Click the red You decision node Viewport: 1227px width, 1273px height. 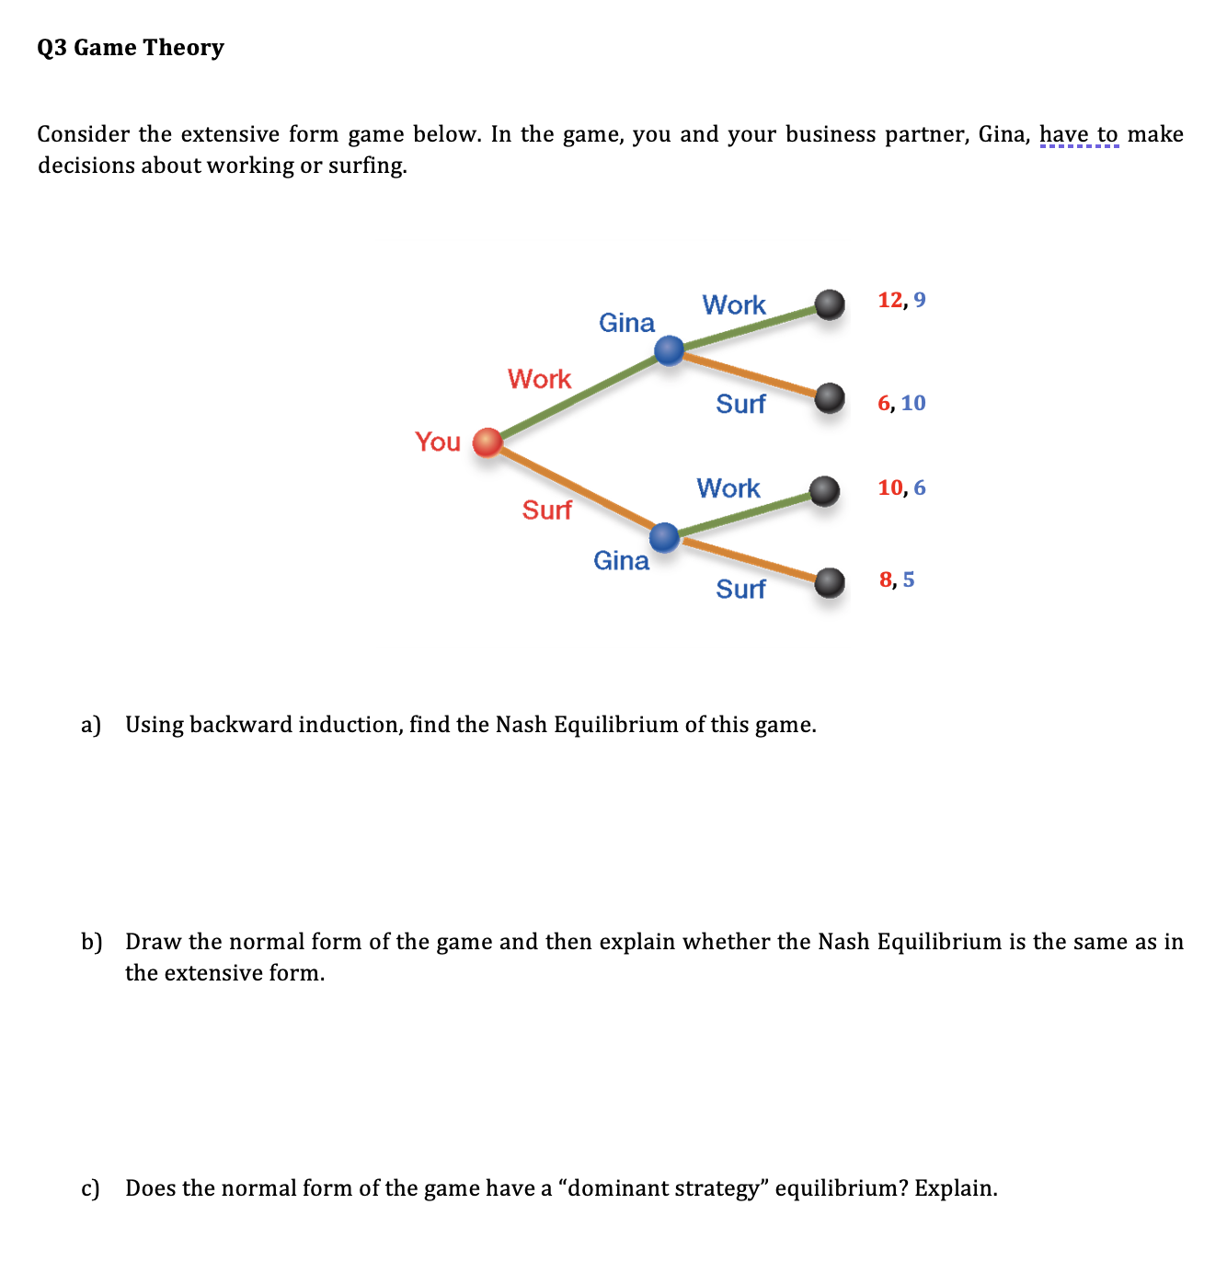487,442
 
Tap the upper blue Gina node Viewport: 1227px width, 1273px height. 669,350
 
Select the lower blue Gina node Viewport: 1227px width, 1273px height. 664,536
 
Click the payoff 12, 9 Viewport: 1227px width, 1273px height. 901,300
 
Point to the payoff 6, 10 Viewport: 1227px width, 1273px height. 901,403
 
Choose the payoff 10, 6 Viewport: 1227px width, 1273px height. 901,487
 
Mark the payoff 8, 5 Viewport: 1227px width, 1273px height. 897,579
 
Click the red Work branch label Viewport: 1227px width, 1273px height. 539,379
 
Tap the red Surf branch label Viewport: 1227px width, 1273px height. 546,510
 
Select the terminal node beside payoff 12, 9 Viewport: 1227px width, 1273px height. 830,304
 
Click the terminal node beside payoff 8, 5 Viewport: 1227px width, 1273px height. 830,581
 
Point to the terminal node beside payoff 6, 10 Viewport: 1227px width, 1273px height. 830,397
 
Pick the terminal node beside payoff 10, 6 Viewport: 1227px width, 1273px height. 825,490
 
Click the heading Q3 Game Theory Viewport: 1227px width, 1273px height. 131,48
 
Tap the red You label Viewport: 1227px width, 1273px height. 438,442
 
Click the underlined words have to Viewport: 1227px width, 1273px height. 1079,134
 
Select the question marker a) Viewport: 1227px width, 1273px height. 90,725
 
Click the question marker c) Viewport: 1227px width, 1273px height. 90,1188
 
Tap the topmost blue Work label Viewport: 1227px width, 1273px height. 733,304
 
